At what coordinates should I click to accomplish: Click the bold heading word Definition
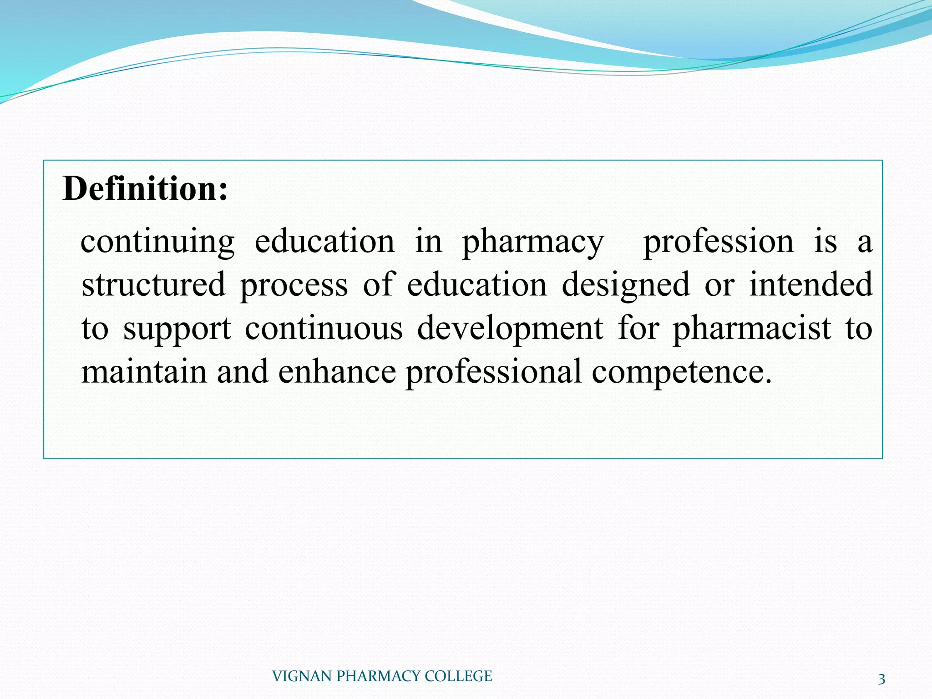coord(145,188)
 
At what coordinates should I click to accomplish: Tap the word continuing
coord(157,242)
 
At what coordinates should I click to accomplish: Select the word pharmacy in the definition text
coord(533,242)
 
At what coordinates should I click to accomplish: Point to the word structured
coord(153,285)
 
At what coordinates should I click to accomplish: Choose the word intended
coord(810,285)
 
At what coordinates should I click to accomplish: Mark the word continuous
coord(324,329)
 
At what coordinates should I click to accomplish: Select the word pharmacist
coord(752,329)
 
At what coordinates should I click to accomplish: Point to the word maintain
coord(144,371)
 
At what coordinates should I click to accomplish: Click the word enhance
coord(337,371)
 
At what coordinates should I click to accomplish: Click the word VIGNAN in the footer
coord(302,676)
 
